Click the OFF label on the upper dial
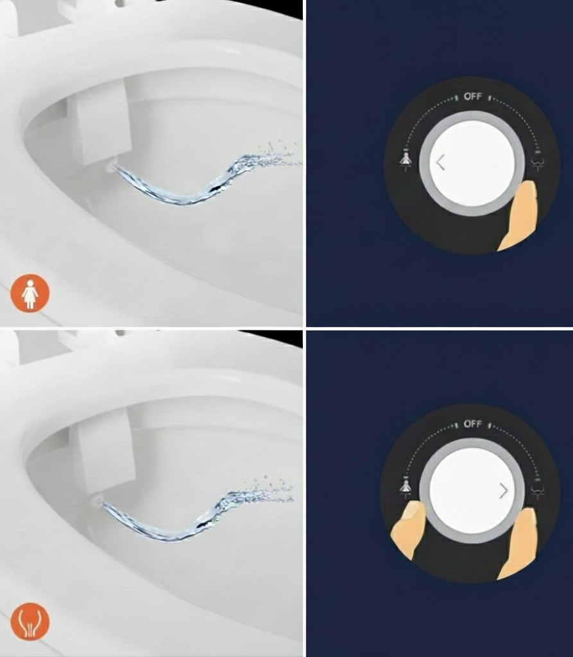click(x=473, y=96)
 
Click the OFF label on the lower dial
click(x=473, y=424)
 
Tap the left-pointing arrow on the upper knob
click(x=440, y=162)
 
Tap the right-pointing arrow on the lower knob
click(x=504, y=491)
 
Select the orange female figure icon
click(x=30, y=293)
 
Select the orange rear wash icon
click(x=30, y=622)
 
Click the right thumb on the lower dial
click(x=518, y=544)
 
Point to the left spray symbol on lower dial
click(x=405, y=487)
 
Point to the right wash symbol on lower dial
click(x=538, y=488)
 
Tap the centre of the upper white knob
click(x=472, y=164)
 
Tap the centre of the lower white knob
click(x=472, y=491)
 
